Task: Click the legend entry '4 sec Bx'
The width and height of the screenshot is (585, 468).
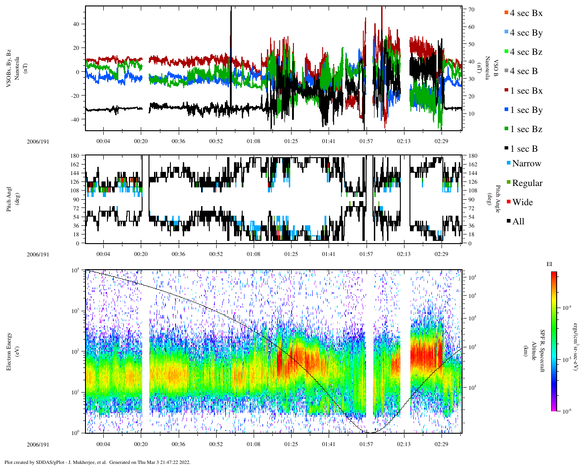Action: (526, 13)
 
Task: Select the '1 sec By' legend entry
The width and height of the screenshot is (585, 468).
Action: (526, 110)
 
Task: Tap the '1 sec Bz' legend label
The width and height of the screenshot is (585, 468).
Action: (526, 129)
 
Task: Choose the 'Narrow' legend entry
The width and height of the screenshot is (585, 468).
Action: (526, 164)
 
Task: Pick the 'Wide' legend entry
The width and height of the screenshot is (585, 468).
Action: (522, 202)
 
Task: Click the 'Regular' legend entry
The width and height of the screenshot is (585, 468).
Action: (527, 183)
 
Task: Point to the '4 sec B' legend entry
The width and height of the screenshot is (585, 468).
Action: (524, 71)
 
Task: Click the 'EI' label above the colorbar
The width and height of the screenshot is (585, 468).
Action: (549, 264)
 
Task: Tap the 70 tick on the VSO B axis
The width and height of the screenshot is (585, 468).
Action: (471, 10)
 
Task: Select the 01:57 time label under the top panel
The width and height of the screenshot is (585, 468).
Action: (366, 141)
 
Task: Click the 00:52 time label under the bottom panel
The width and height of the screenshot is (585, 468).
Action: (216, 444)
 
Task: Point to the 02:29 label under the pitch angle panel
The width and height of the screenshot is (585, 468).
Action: (441, 254)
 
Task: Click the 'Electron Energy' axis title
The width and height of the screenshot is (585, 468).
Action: (9, 351)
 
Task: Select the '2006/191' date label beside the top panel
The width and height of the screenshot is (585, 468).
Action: (38, 141)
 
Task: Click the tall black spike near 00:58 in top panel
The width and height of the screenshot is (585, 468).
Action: (231, 59)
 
